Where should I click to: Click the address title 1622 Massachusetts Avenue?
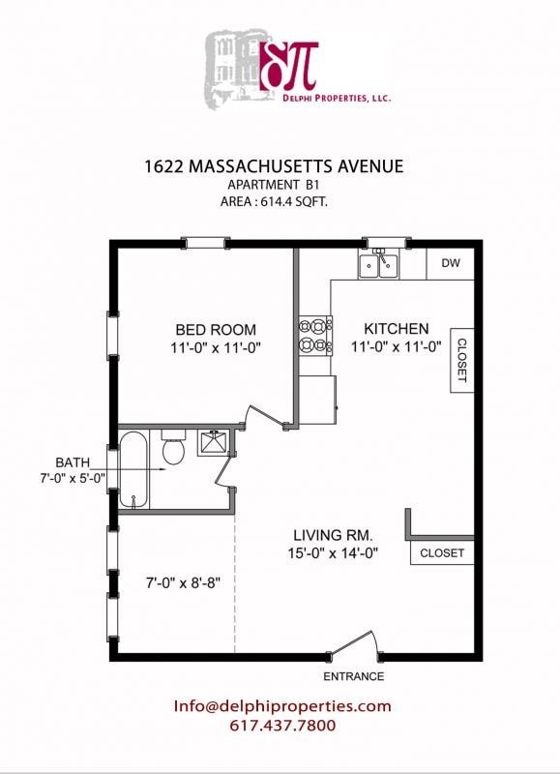280,166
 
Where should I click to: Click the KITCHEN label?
396,328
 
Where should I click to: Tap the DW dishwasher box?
450,263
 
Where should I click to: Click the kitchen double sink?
378,264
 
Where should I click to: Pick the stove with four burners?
314,335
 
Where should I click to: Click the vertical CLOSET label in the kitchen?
461,360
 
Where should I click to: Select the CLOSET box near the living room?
442,553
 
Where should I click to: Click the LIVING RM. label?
334,535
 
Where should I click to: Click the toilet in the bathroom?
173,450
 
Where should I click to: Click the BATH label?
73,461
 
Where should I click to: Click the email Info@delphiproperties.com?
282,706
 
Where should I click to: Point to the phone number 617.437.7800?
282,726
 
